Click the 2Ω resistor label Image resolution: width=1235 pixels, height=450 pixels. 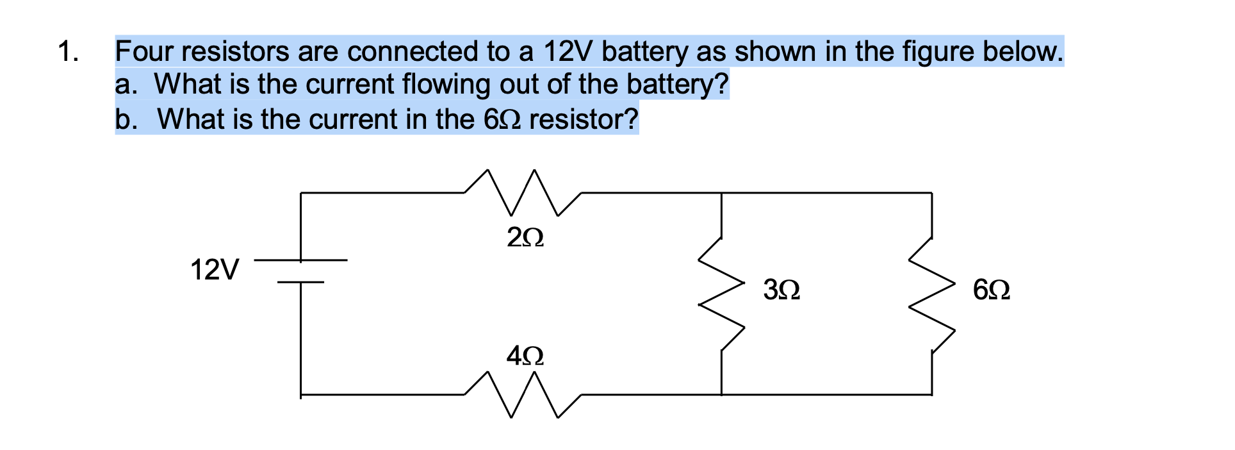tap(525, 238)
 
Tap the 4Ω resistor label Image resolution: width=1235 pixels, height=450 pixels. tap(525, 356)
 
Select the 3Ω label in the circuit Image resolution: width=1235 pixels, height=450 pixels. tap(781, 291)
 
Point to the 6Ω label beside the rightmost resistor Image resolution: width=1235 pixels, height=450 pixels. tap(992, 291)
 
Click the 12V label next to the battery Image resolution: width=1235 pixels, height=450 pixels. tap(215, 270)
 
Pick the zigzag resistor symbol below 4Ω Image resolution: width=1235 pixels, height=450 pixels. tap(522, 395)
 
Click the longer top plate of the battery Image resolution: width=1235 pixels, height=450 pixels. tap(301, 260)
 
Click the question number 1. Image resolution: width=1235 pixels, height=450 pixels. tap(67, 51)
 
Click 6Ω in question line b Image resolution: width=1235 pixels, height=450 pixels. tap(502, 119)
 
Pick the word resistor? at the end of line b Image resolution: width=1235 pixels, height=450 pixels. tap(584, 119)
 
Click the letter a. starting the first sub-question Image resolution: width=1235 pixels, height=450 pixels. tap(126, 85)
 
